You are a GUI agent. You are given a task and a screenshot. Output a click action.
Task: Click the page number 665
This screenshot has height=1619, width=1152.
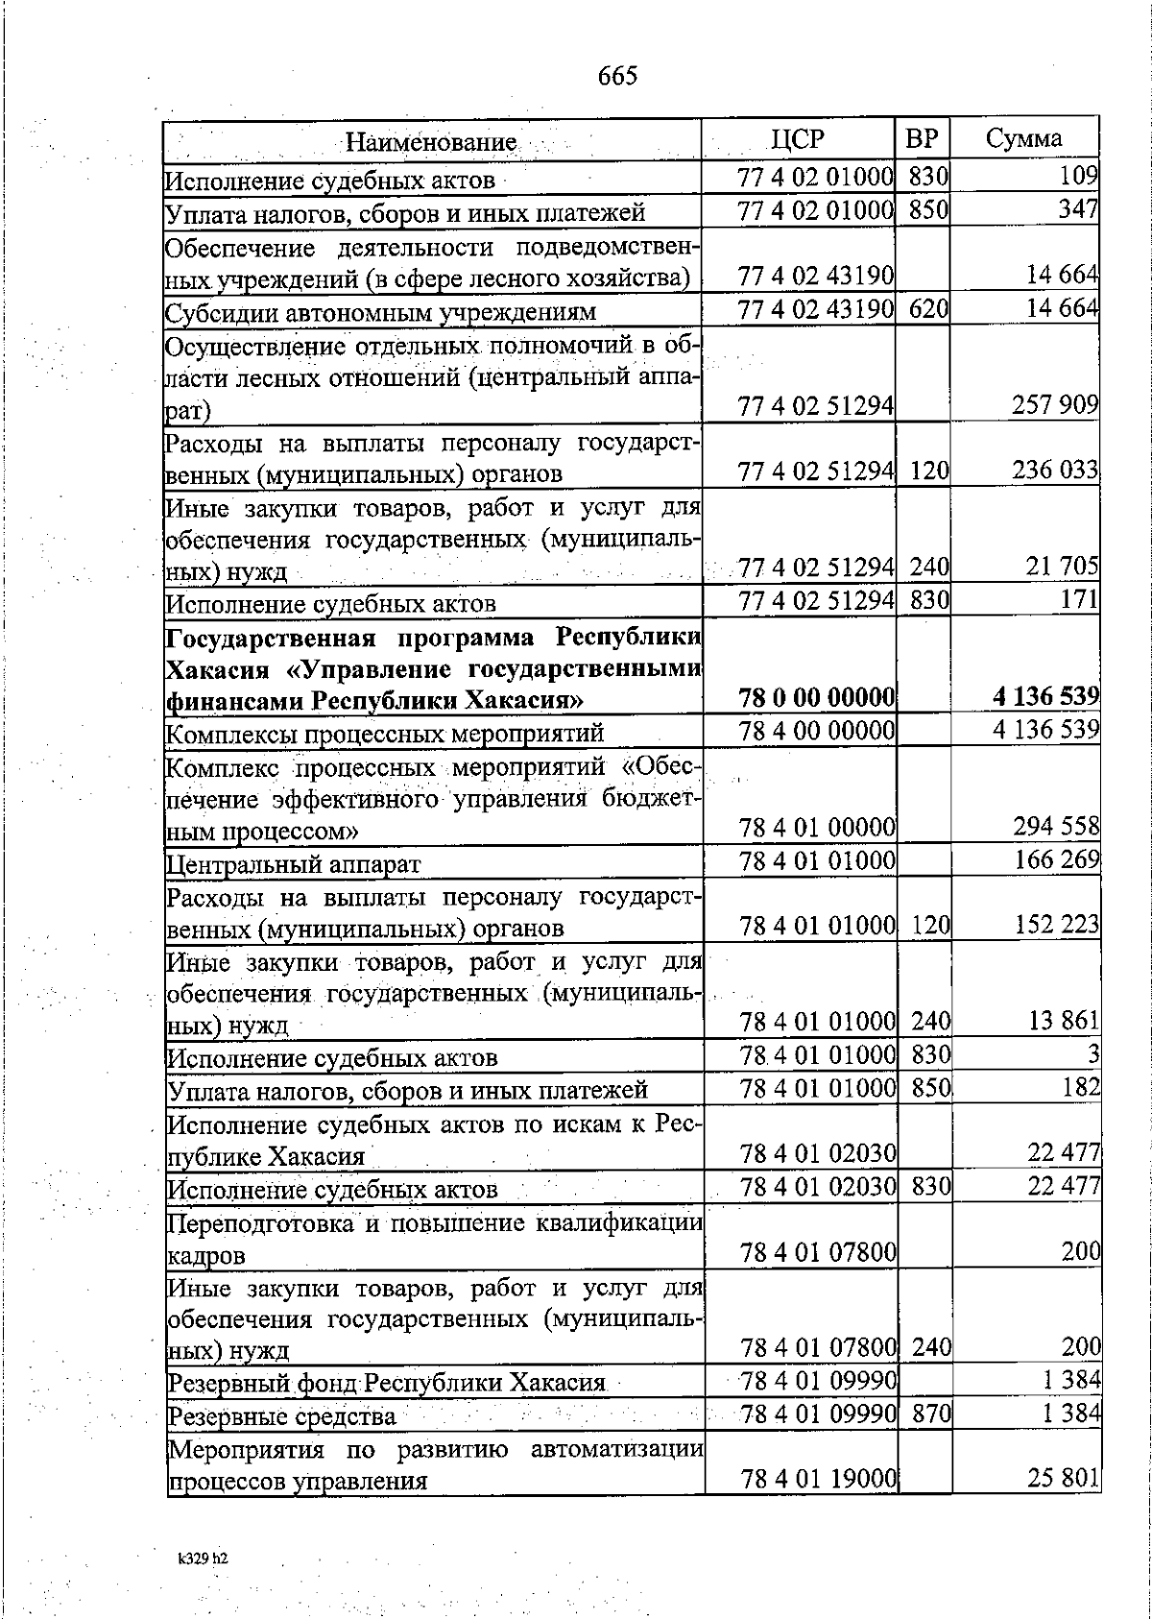coord(617,76)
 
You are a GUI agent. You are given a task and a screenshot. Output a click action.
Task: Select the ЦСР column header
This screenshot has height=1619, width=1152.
coord(798,139)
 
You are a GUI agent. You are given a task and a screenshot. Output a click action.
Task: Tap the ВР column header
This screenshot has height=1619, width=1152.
coord(922,138)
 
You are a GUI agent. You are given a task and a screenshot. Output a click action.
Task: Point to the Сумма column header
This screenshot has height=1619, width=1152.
coord(1023,138)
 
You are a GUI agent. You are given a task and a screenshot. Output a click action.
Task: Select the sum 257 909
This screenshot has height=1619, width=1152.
coord(1055,405)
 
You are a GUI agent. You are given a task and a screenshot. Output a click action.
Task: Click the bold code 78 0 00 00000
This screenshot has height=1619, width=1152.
coord(817,697)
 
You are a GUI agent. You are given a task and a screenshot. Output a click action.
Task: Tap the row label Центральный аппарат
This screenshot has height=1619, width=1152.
coord(294,864)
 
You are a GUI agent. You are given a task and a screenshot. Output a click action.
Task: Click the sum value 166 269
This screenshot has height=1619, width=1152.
coord(1057,859)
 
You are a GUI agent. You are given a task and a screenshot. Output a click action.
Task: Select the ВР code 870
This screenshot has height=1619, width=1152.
coord(930,1414)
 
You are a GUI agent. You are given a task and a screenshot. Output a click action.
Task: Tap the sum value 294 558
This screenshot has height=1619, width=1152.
coord(1056,827)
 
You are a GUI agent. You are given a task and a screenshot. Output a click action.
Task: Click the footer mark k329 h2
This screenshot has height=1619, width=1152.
coord(203,1559)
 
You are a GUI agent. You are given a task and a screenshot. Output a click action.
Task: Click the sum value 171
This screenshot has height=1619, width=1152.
coord(1079,600)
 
